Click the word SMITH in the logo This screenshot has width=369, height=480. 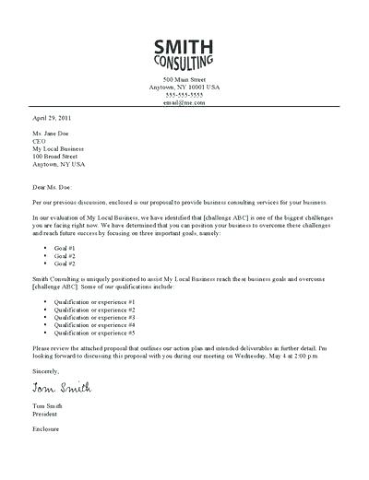coord(184,47)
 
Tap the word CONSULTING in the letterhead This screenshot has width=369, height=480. coord(184,64)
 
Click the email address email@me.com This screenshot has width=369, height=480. coord(184,103)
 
